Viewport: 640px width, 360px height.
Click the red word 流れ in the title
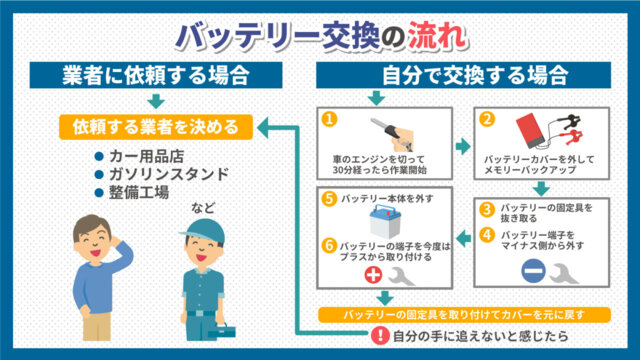(x=436, y=36)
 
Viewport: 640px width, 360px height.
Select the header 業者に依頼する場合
(x=156, y=75)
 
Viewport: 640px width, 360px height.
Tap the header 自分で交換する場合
(x=463, y=75)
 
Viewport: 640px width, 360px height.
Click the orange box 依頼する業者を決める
(x=156, y=127)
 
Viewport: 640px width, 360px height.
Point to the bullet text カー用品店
(x=147, y=156)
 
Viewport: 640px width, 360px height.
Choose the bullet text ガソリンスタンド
(x=169, y=174)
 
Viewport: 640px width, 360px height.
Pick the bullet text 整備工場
(x=139, y=192)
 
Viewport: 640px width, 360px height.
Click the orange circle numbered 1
(x=329, y=119)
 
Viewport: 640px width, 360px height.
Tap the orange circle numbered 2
(x=487, y=119)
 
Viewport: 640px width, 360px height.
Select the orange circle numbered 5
(x=329, y=199)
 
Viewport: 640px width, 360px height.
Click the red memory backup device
(x=530, y=131)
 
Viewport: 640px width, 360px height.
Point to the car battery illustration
(x=385, y=222)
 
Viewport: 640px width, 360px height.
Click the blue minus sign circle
(x=533, y=271)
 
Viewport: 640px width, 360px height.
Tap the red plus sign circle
(x=373, y=275)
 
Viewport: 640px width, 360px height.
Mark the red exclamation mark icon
(x=380, y=336)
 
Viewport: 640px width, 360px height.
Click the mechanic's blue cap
(x=203, y=231)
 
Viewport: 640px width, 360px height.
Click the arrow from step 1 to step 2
(x=463, y=146)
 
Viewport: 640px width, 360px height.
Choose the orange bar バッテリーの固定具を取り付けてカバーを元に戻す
(x=464, y=315)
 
